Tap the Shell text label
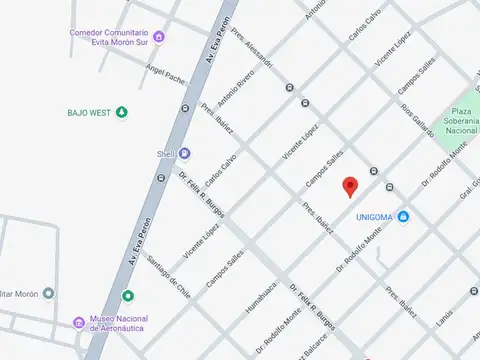click(165, 153)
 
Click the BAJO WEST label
click(89, 112)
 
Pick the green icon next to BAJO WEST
click(122, 112)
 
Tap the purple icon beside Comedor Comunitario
click(159, 38)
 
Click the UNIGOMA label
click(374, 217)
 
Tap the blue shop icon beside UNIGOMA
click(403, 217)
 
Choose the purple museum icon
click(78, 323)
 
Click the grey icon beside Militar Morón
click(48, 293)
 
